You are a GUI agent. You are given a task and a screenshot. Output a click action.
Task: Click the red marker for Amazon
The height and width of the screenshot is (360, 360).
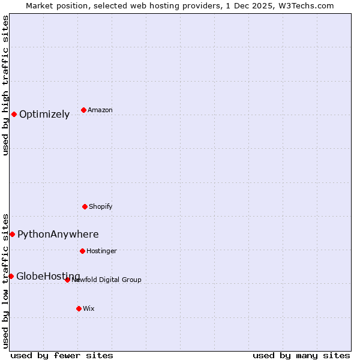(83, 110)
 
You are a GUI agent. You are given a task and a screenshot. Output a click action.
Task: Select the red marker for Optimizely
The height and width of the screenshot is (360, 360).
(14, 114)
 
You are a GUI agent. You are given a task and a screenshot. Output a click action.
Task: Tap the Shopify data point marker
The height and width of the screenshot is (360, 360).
(85, 206)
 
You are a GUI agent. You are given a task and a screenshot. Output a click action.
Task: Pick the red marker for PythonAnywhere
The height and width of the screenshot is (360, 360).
(12, 234)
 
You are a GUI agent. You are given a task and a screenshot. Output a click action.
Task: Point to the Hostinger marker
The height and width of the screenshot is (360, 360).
(82, 251)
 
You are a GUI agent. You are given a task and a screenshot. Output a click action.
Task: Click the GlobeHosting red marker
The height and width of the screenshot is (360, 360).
(11, 276)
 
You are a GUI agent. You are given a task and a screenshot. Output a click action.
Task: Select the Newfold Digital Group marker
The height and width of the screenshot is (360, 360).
(67, 280)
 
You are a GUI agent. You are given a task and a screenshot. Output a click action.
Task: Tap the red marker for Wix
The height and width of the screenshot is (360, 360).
(79, 308)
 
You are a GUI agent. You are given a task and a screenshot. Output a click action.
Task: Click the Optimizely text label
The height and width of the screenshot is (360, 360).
(44, 115)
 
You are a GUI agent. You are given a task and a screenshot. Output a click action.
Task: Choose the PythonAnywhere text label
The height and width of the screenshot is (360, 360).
(58, 235)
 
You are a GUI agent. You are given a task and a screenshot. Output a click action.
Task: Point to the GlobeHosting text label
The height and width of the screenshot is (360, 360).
(48, 276)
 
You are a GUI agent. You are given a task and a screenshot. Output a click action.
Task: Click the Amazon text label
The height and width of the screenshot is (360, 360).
(100, 110)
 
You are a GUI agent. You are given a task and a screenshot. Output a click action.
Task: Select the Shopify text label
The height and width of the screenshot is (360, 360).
(101, 207)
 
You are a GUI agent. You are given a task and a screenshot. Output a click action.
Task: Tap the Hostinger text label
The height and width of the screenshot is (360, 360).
(101, 251)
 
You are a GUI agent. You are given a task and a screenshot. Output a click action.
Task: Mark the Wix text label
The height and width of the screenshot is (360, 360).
(89, 309)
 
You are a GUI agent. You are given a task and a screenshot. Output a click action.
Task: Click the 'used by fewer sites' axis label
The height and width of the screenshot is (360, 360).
(62, 356)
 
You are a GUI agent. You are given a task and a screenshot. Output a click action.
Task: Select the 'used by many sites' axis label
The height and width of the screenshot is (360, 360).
(301, 356)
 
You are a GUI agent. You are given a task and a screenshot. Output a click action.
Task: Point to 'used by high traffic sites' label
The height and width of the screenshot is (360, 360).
(6, 85)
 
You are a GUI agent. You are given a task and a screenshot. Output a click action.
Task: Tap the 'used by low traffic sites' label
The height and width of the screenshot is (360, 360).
(6, 280)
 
